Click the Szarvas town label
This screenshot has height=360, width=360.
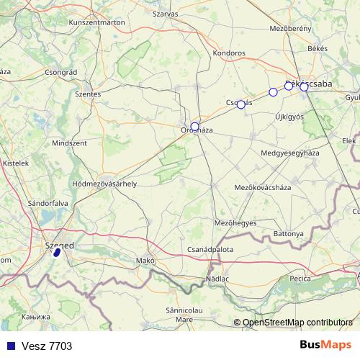(x=166, y=13)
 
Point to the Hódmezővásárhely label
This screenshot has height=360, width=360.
(x=104, y=184)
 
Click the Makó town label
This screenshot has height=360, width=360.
(x=146, y=261)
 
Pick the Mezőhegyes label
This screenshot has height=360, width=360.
(x=235, y=222)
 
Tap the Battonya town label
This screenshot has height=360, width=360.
(x=289, y=235)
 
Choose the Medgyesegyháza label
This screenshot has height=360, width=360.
(x=289, y=153)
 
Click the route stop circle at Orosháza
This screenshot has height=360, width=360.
(x=194, y=127)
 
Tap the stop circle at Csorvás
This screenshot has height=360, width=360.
(x=241, y=104)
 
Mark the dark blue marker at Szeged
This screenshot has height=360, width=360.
(x=56, y=253)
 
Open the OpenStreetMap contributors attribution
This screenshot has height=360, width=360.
(x=297, y=322)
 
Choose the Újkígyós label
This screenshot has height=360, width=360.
(x=289, y=116)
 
